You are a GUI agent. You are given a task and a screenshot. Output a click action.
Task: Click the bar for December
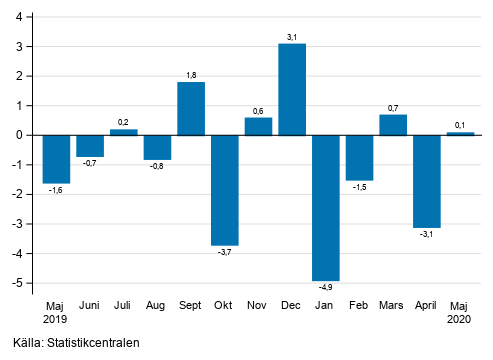[x=292, y=89]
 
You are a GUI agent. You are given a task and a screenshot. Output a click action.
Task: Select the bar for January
[x=326, y=207]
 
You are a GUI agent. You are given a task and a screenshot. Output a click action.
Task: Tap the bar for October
[x=225, y=189]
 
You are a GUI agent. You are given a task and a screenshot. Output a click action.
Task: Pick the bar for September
[x=191, y=108]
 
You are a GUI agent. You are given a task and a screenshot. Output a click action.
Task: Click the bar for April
[x=427, y=181]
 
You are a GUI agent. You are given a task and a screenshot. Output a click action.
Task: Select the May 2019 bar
[x=56, y=158]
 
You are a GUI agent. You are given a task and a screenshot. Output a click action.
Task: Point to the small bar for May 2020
[x=460, y=133]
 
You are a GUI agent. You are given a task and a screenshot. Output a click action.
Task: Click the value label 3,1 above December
[x=292, y=37]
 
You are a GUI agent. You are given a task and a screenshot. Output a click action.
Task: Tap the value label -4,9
[x=326, y=288]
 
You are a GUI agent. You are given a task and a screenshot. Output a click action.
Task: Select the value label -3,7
[x=225, y=252]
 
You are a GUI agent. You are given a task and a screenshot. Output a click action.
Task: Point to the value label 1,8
[x=191, y=75]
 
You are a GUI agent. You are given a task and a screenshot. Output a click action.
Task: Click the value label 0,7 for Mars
[x=393, y=107]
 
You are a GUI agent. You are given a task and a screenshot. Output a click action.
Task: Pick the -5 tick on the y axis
[x=23, y=283]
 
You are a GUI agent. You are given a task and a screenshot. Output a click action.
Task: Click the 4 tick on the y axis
[x=24, y=17]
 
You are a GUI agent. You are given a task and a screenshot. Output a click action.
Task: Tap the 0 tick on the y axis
[x=24, y=135]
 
